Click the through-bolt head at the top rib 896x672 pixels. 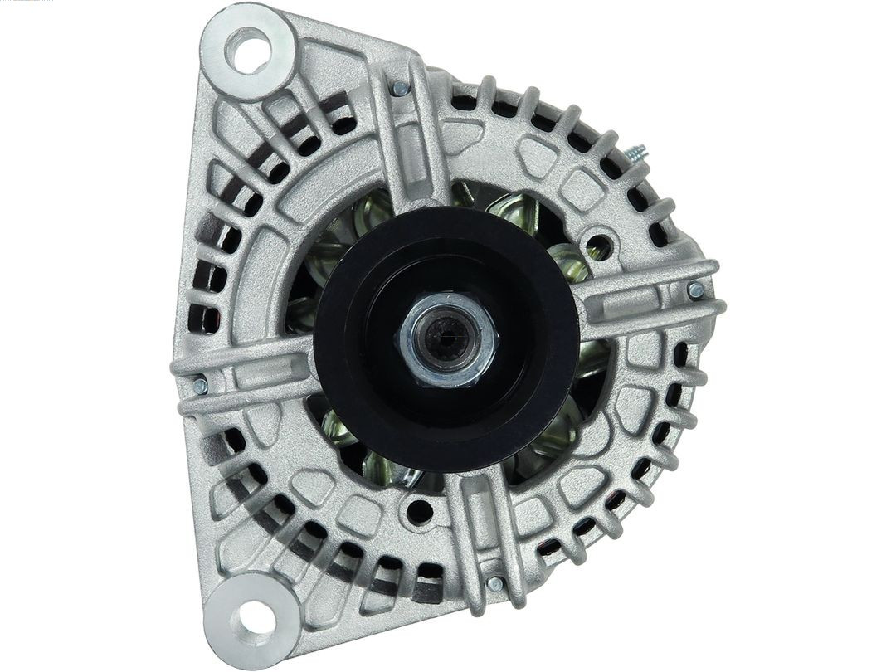pos(401,88)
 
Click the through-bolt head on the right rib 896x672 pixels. pos(695,290)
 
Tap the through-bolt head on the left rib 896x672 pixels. pos(199,385)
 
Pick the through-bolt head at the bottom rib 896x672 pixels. pos(494,584)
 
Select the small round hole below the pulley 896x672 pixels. pos(420,510)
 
